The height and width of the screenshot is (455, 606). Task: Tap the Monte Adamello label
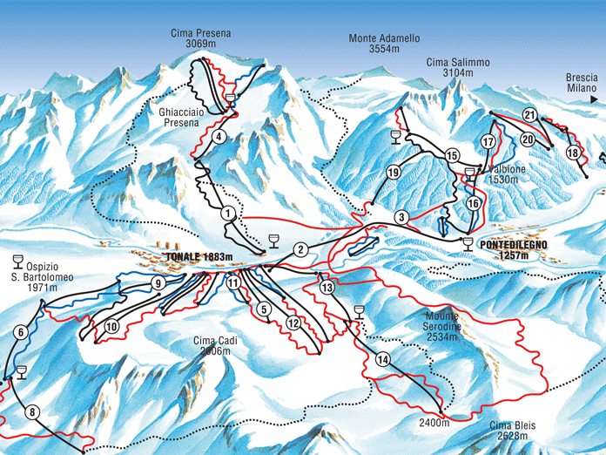(x=384, y=44)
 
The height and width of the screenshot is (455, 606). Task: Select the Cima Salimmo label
(x=458, y=68)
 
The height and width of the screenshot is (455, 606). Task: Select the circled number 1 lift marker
(x=228, y=213)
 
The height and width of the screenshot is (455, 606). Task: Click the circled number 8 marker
(x=33, y=412)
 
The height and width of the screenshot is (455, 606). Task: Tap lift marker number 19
(x=394, y=173)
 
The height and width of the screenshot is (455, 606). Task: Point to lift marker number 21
(x=529, y=115)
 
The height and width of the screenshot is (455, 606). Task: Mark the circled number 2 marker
(x=300, y=250)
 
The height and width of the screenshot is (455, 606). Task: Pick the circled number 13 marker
(x=327, y=287)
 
